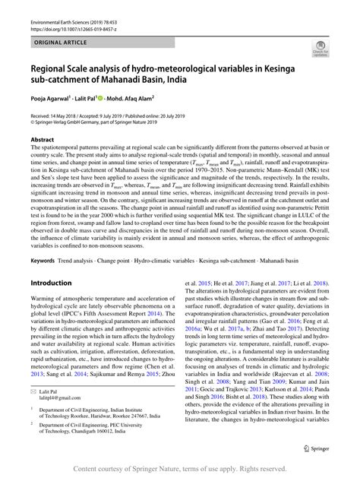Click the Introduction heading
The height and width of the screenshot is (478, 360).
51,261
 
